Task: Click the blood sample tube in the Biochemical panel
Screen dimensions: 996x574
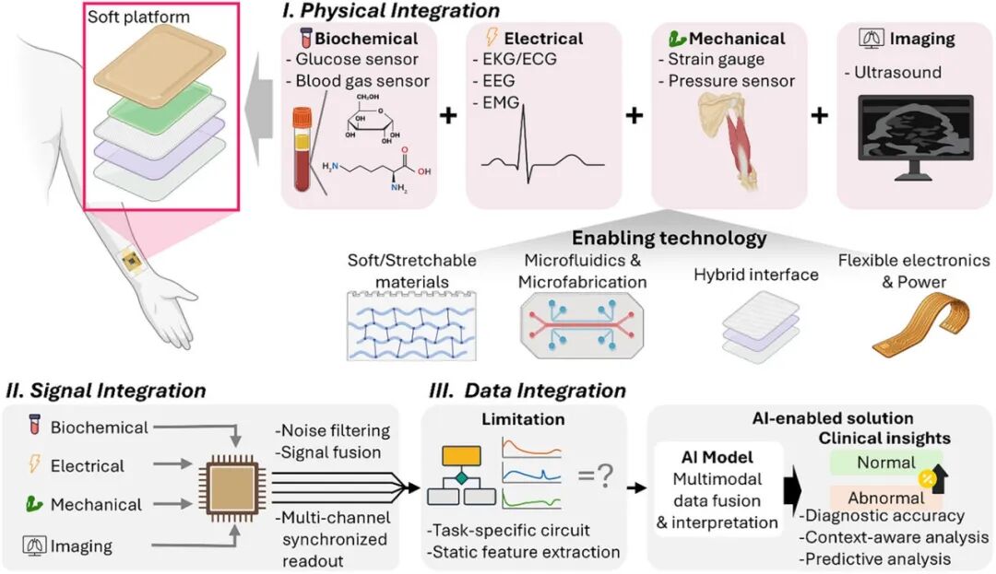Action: [302, 149]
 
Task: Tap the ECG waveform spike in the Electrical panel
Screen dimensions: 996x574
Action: [524, 144]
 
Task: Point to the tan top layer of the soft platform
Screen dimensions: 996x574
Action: [160, 64]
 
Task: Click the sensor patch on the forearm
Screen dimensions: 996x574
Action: [132, 259]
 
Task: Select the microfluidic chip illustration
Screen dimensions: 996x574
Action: [582, 325]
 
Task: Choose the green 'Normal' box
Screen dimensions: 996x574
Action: [885, 463]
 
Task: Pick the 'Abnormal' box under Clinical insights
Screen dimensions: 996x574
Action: [885, 498]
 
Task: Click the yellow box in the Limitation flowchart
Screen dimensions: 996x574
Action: [461, 456]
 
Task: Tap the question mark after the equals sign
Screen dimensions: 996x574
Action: [605, 474]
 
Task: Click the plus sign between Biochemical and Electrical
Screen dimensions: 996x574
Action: [448, 115]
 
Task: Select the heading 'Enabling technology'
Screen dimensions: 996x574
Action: [670, 238]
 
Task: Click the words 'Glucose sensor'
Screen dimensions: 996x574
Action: [357, 59]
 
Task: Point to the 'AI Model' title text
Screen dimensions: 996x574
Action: [717, 457]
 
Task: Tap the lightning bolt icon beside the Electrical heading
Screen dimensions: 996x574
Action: [491, 37]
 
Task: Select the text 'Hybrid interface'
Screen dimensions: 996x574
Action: [756, 275]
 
